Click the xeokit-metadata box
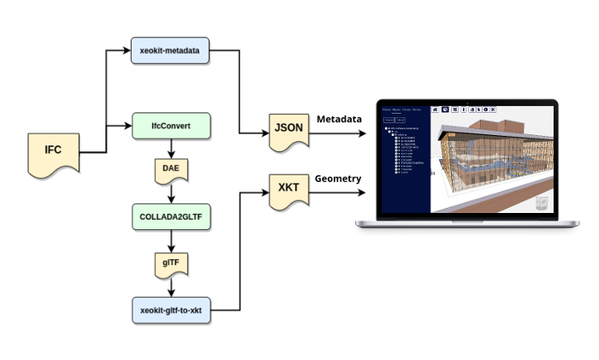click(171, 51)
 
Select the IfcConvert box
click(171, 127)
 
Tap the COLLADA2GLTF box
click(171, 218)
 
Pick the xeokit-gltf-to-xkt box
click(171, 309)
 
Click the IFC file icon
click(53, 153)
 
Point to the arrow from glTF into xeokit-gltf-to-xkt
click(171, 287)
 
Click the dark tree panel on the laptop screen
click(404, 162)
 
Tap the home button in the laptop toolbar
click(435, 110)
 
